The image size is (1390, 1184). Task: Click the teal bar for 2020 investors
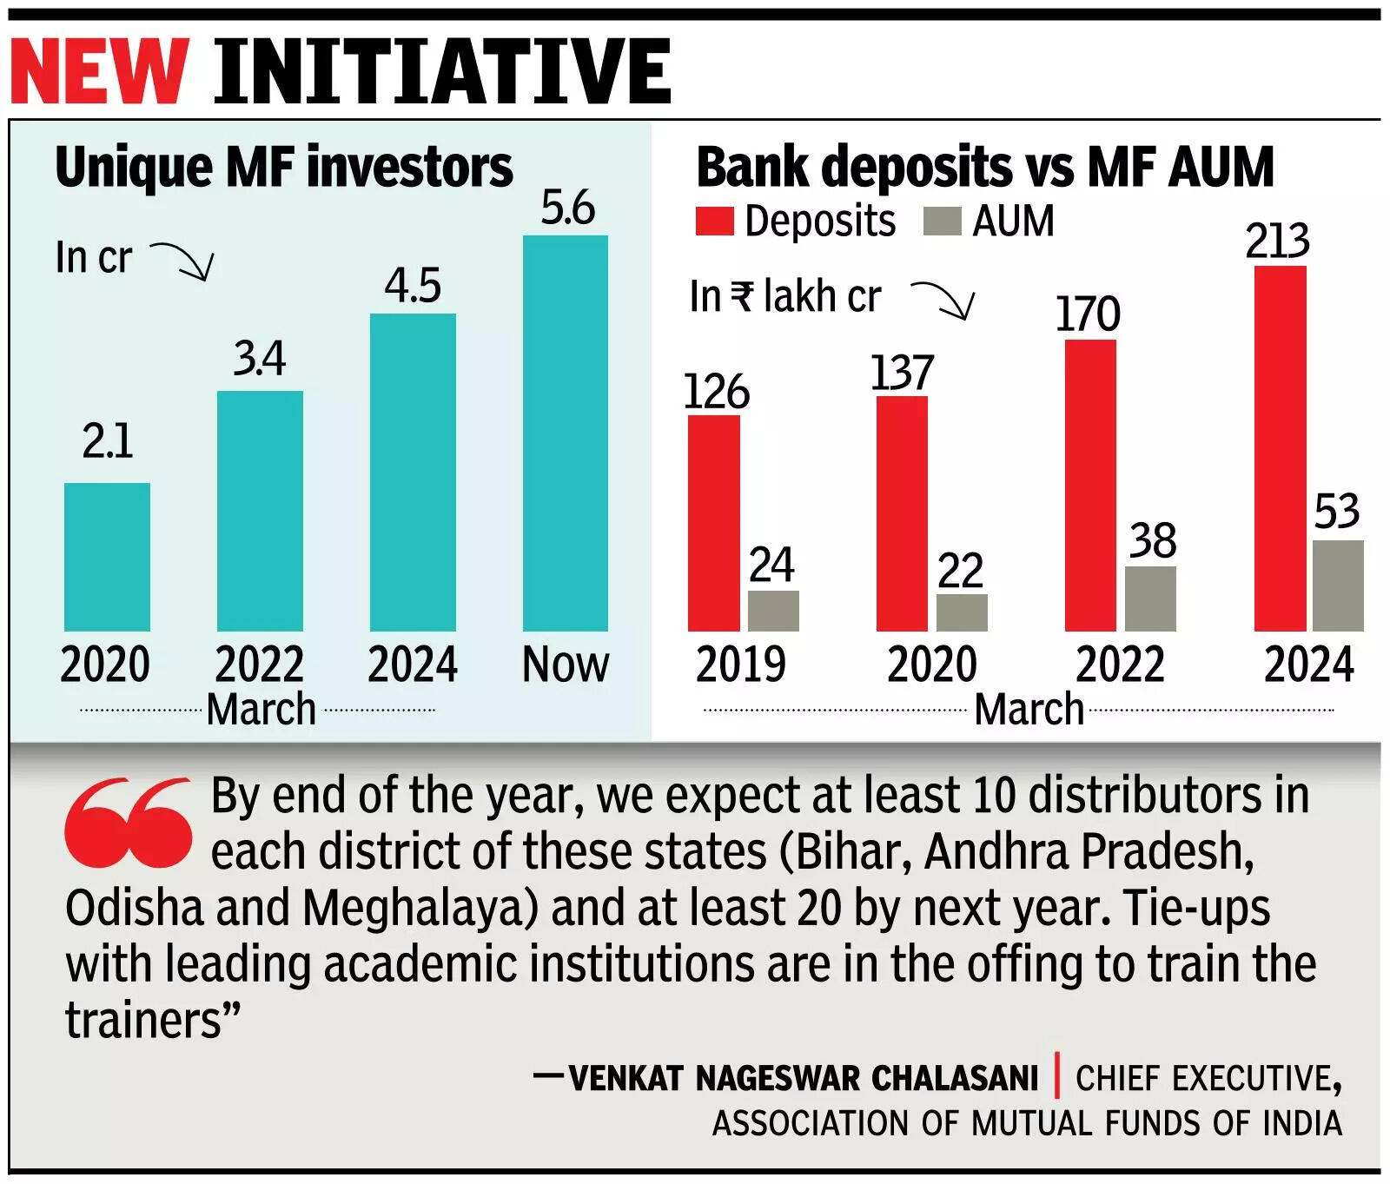107,557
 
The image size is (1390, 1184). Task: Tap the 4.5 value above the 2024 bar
413,286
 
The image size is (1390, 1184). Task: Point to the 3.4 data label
259,359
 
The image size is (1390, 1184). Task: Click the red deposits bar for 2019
714,523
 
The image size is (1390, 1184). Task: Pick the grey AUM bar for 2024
1338,585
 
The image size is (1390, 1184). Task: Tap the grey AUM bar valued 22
962,612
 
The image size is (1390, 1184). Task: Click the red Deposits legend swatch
714,221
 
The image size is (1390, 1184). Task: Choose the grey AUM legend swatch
943,221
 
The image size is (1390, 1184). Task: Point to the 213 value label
1277,241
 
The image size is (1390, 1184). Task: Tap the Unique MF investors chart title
283,167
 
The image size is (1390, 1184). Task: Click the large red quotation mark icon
128,822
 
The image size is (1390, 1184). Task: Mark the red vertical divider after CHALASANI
1057,1076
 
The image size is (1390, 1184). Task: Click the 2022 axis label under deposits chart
1120,665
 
